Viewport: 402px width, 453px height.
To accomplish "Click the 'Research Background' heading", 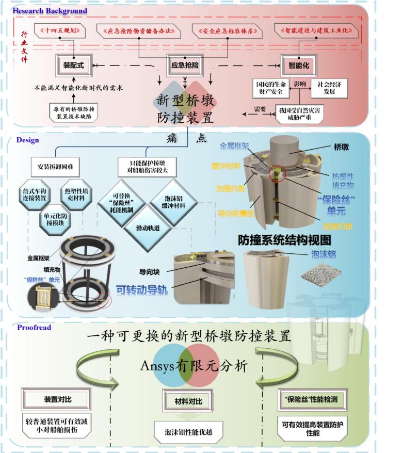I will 51,10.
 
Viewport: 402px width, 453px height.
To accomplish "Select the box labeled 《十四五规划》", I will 61,30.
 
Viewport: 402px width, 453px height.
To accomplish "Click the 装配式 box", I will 74,66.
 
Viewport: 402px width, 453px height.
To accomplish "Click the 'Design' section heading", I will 27,140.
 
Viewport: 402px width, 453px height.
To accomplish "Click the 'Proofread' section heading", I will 34,327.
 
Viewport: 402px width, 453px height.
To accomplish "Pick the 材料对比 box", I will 188,400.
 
